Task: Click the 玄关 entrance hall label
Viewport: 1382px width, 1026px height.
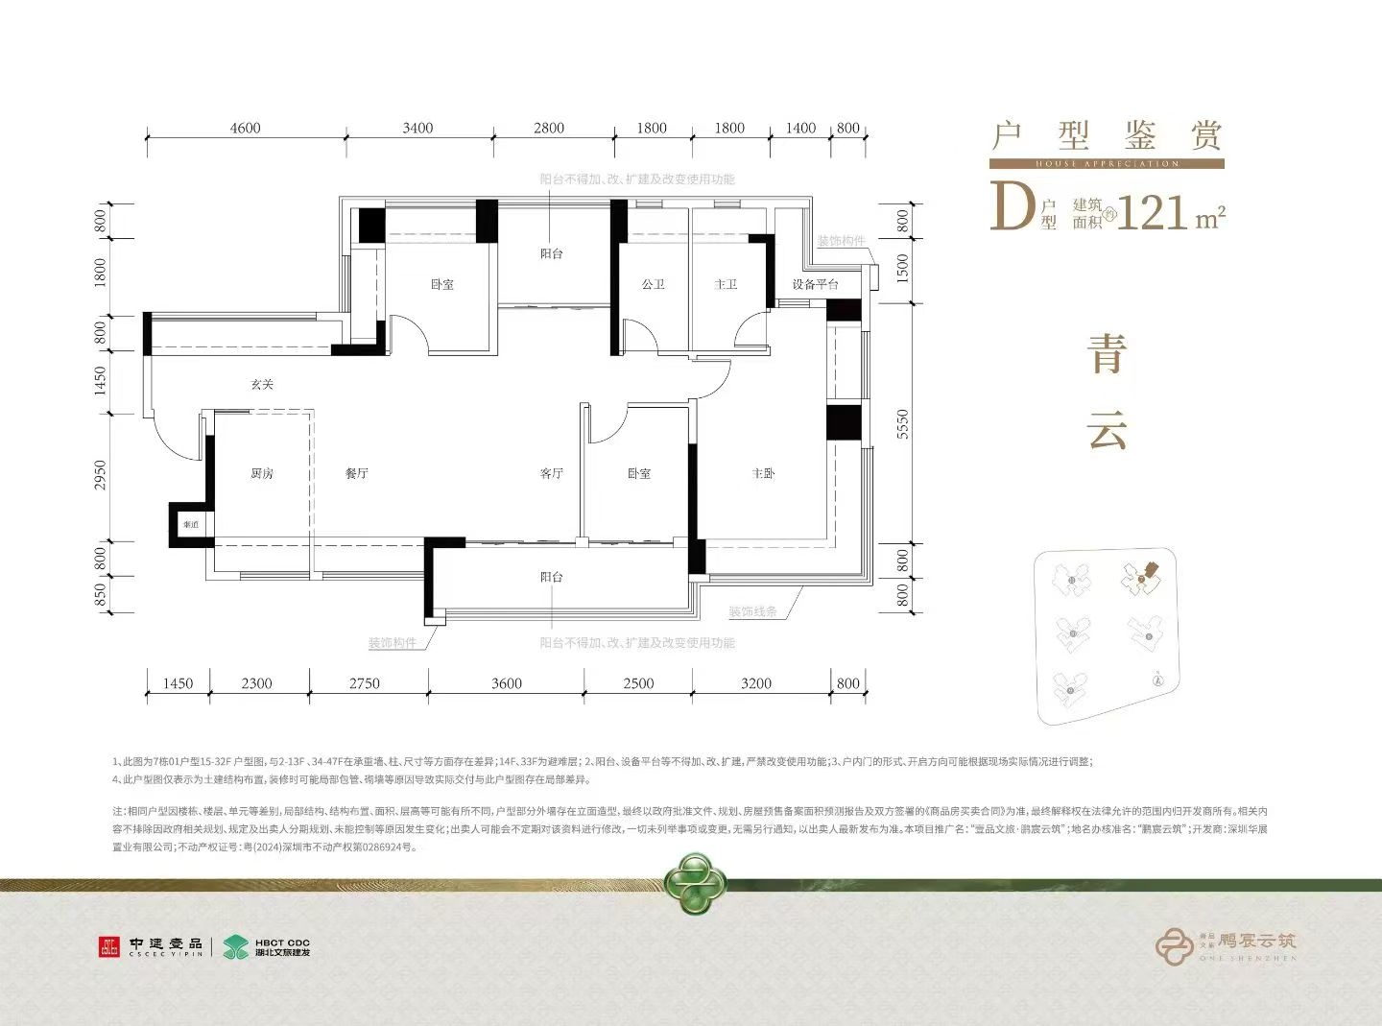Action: [262, 384]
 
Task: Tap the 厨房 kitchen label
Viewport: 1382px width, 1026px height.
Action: [262, 473]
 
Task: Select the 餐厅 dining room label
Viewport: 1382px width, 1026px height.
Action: [357, 473]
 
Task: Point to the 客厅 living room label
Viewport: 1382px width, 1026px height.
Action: [551, 473]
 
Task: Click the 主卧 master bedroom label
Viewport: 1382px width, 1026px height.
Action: [763, 473]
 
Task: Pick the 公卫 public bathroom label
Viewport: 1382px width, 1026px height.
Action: [653, 284]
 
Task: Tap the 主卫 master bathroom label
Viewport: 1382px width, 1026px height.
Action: [726, 284]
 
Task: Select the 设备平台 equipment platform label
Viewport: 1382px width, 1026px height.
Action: [815, 284]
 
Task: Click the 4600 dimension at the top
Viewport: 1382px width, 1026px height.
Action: [245, 128]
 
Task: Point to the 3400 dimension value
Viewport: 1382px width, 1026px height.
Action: [417, 128]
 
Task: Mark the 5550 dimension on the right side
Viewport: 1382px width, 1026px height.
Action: [902, 424]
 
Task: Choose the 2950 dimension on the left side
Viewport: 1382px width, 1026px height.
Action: [101, 475]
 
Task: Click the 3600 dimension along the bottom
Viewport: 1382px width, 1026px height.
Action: [507, 683]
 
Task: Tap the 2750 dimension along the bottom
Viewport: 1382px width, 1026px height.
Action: [365, 683]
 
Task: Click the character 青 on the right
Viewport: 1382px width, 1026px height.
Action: [1107, 354]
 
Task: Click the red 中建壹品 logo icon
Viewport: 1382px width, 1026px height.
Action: [109, 947]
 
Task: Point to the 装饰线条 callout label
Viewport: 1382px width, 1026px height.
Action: [752, 611]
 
